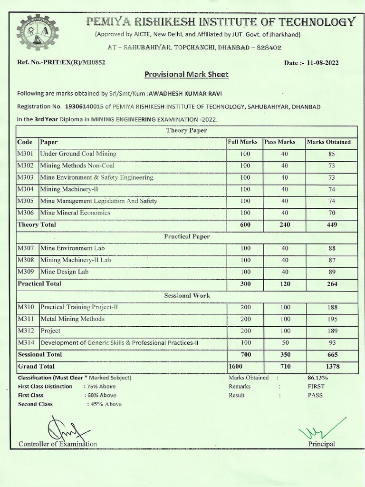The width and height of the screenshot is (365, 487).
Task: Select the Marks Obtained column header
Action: (329, 142)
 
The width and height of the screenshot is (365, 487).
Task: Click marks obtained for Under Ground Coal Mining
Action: (332, 154)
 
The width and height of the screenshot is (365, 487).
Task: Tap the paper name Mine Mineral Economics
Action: (75, 213)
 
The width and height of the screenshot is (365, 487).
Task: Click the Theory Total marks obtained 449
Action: (332, 225)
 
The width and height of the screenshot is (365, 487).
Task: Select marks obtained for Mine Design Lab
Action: (332, 272)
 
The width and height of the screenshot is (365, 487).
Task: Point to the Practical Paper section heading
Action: (187, 236)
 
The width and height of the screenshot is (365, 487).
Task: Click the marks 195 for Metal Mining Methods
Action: (332, 319)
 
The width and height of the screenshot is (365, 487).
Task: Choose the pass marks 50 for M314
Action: (284, 343)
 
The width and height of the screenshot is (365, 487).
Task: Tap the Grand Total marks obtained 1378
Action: (332, 367)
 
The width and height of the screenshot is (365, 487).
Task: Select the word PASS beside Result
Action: (316, 395)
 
